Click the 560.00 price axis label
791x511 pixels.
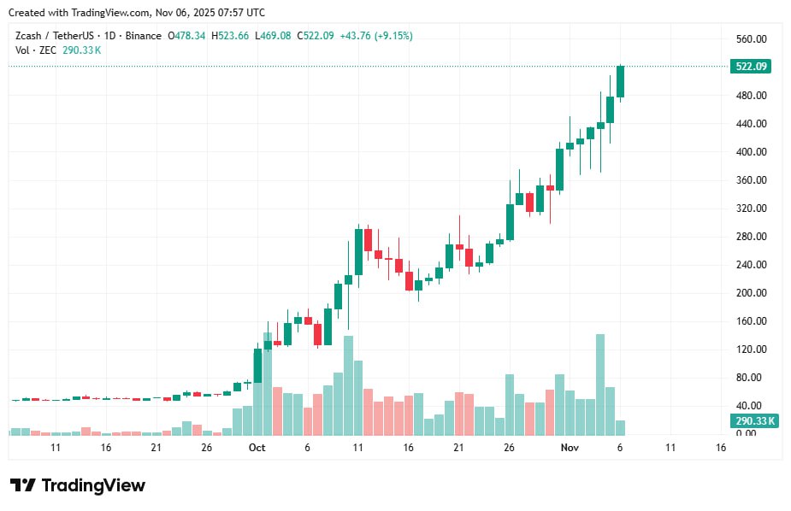[750, 39]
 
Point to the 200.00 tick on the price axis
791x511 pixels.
[750, 293]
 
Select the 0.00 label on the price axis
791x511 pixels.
[746, 433]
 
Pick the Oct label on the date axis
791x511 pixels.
[257, 448]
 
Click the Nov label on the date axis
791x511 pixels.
[570, 448]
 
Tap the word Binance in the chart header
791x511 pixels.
[142, 36]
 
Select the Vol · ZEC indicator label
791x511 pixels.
[35, 50]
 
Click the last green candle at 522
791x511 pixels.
[620, 82]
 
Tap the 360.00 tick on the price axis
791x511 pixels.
[750, 180]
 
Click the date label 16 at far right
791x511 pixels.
[721, 448]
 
